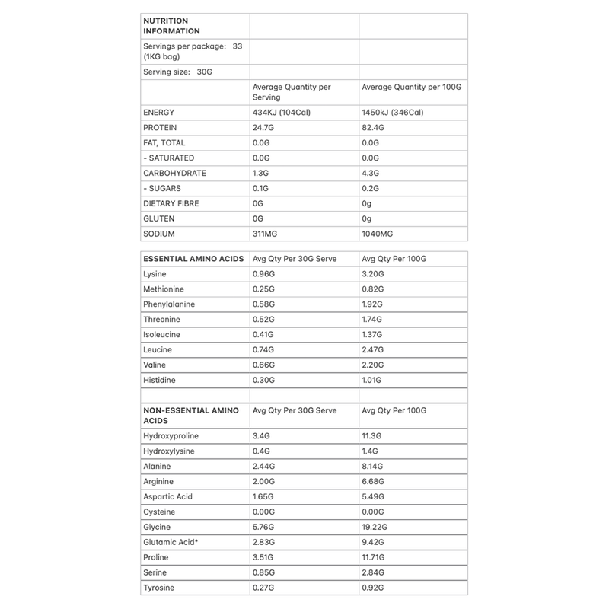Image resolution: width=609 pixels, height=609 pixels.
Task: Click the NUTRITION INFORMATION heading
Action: coord(172,26)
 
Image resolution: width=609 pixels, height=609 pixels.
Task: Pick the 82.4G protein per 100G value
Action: coord(376,128)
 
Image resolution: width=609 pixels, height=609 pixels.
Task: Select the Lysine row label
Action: coord(155,273)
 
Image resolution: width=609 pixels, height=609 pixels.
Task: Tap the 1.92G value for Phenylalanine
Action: coord(375,304)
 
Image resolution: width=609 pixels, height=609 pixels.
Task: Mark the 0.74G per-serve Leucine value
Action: coord(266,349)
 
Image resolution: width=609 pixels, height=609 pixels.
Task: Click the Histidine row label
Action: coord(160,380)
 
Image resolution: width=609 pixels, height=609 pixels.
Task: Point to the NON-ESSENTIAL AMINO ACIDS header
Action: coord(191,416)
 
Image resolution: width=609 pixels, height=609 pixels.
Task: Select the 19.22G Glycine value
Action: coord(378,527)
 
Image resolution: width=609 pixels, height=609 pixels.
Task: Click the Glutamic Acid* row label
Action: coord(171,542)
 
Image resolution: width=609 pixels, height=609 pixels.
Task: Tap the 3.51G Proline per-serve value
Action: coord(266,557)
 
